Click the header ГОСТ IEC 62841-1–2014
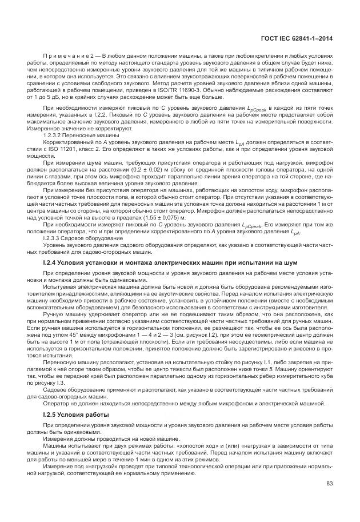pos(297,38)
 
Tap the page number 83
pos(330,484)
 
